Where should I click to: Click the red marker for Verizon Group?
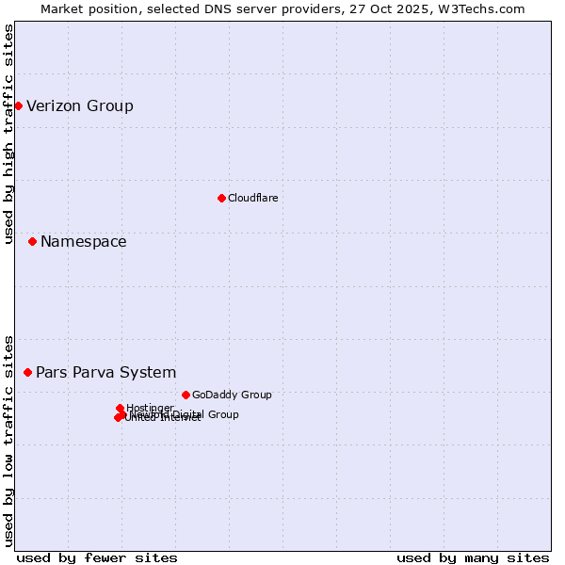click(18, 105)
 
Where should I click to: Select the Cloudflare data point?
click(221, 198)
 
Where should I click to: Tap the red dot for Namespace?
click(32, 242)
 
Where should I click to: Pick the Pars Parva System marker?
click(27, 373)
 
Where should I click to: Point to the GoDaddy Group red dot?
click(186, 395)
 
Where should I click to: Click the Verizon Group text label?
click(80, 105)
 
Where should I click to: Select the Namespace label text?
click(84, 242)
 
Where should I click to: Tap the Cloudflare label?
click(252, 198)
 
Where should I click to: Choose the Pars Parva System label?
click(106, 373)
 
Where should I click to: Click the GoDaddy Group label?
click(232, 395)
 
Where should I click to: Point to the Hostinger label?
click(150, 408)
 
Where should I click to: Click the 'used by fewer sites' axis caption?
click(97, 557)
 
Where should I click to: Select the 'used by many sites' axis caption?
click(473, 557)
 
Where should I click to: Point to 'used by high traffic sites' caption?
click(9, 134)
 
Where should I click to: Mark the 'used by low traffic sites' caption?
click(9, 440)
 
